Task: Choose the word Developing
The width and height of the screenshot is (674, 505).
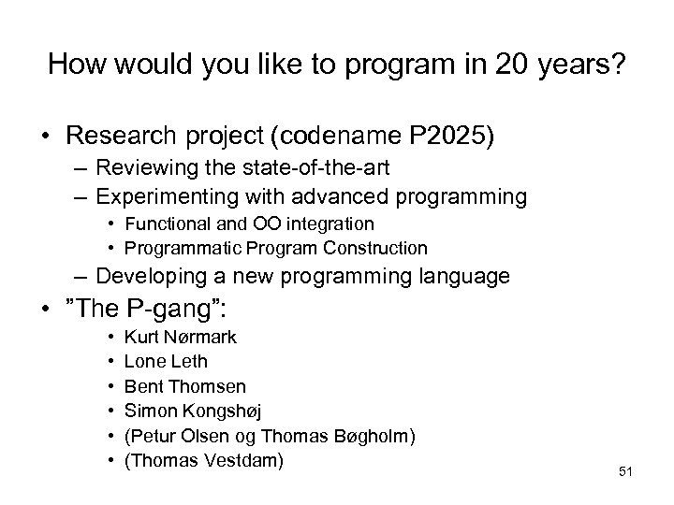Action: pos(143,277)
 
